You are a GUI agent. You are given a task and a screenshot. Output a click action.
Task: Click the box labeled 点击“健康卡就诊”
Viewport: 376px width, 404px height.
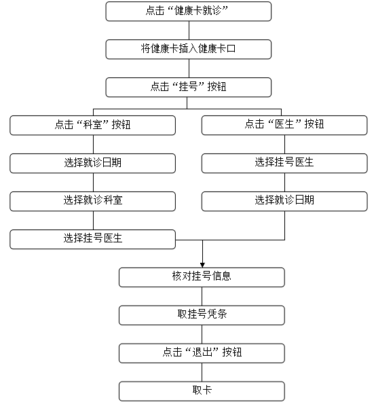[x=188, y=12]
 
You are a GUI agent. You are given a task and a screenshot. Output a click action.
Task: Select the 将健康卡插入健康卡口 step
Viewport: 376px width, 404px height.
[x=188, y=49]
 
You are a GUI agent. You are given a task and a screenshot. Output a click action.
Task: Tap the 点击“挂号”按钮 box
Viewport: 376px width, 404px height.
[x=188, y=87]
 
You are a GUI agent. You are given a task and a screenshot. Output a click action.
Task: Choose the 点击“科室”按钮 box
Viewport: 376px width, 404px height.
[x=93, y=125]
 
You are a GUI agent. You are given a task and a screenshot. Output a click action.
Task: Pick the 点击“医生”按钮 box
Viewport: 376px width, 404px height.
[x=284, y=125]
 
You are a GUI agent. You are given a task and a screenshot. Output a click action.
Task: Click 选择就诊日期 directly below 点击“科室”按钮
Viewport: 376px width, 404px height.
[x=93, y=164]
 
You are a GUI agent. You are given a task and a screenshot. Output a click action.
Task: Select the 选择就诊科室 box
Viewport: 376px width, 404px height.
[x=93, y=201]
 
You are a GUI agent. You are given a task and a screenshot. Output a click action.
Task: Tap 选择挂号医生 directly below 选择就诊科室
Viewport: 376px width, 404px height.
[x=93, y=240]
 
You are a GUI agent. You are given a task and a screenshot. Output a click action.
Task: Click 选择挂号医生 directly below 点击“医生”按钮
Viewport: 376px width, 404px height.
[x=284, y=164]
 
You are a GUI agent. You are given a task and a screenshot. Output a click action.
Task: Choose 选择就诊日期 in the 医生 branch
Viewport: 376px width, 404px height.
[x=284, y=201]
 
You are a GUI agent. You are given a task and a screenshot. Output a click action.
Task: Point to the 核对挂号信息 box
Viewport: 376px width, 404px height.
[x=202, y=277]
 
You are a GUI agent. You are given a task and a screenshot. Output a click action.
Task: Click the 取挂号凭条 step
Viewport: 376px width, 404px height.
[x=202, y=315]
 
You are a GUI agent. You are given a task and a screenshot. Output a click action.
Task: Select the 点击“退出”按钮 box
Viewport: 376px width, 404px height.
[x=202, y=353]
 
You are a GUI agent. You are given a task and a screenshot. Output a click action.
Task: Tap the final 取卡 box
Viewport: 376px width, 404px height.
[x=202, y=391]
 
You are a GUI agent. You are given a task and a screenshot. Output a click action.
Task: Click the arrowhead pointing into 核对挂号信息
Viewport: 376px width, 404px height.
[x=202, y=265]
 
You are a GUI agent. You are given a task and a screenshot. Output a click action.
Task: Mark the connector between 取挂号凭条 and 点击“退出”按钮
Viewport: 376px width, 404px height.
[x=202, y=334]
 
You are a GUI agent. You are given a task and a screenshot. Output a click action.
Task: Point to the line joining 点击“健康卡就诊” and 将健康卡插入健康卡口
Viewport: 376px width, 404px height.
[x=189, y=30]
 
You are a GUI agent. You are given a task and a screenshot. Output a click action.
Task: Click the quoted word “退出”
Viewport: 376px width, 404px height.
[x=202, y=352]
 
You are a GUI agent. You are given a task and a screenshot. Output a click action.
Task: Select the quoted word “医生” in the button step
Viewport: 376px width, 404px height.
[x=284, y=124]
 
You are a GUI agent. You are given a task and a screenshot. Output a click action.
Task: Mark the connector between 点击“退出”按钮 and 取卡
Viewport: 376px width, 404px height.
[x=202, y=372]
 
